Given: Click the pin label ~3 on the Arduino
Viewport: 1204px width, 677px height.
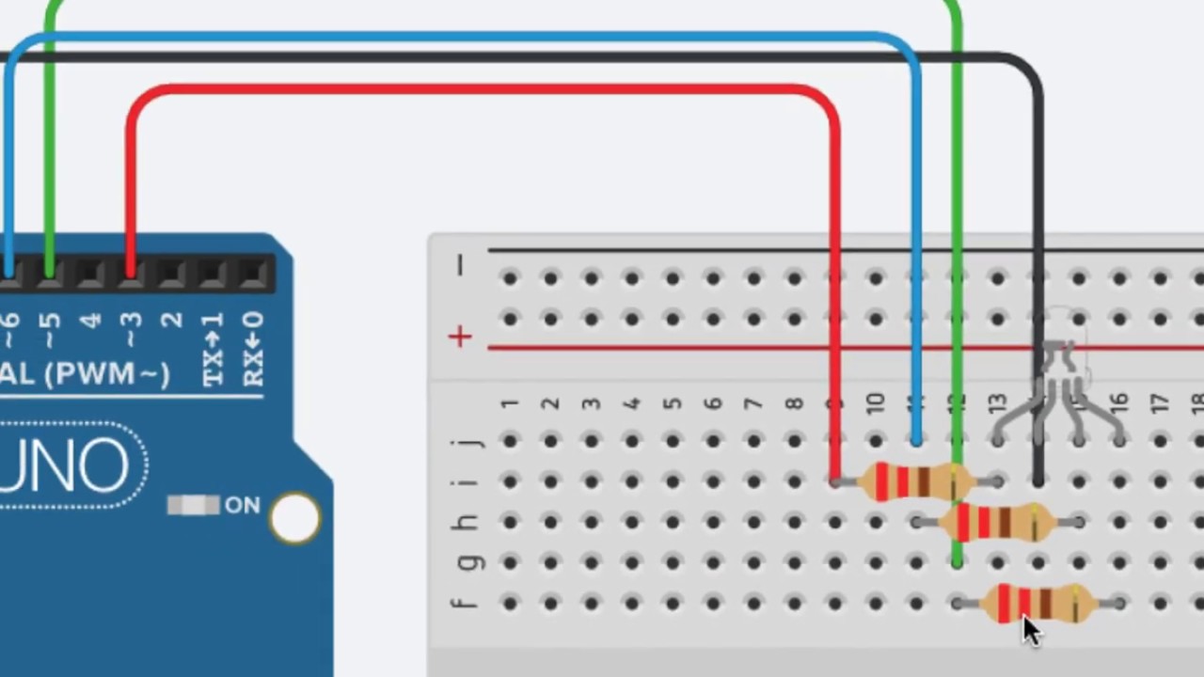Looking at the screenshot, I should (130, 323).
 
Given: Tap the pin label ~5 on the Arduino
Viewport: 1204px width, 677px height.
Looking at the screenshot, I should (49, 323).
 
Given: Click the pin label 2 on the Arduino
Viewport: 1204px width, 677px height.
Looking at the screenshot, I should (171, 323).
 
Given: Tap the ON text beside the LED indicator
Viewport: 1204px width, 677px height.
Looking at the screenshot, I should (242, 506).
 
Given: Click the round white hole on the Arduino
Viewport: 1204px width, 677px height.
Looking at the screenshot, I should (294, 516).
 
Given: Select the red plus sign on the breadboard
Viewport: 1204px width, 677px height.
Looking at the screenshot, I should (459, 337).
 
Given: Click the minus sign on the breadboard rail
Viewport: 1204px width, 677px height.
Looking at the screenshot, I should (459, 267).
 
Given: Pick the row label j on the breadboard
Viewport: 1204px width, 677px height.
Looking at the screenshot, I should (470, 441).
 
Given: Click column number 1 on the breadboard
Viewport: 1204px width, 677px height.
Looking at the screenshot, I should (509, 403).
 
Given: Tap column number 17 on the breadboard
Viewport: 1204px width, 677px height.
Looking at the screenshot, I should (1159, 403).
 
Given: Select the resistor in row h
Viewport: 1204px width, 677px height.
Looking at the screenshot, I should (997, 522).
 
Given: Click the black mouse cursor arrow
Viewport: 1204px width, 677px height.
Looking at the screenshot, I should (1031, 630).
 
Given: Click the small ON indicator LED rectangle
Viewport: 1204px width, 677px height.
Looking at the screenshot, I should (192, 506).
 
